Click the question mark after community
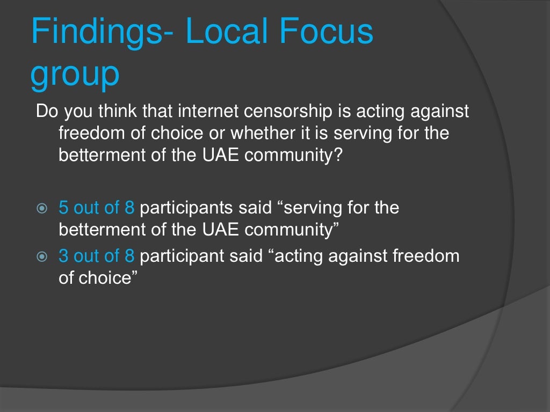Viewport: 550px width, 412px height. click(x=337, y=155)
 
